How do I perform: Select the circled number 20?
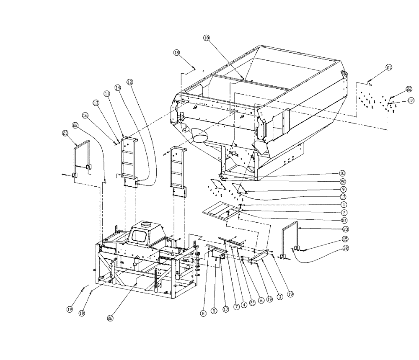[342, 181]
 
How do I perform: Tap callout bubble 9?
[342, 189]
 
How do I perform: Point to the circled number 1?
[342, 205]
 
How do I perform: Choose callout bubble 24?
[342, 220]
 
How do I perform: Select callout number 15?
[345, 239]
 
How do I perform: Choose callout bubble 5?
[215, 311]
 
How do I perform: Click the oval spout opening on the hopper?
[201, 136]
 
